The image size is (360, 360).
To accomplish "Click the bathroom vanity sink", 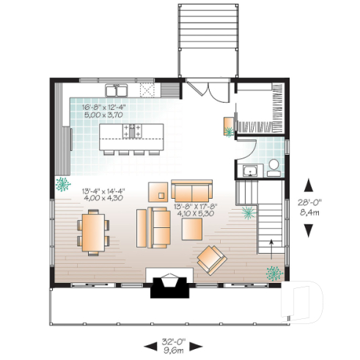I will [x=249, y=172].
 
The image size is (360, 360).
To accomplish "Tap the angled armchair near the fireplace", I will [x=212, y=257].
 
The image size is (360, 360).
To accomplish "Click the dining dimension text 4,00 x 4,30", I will [x=103, y=198].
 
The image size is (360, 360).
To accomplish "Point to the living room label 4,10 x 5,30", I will [x=194, y=215].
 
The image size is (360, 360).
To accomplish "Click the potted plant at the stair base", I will [x=275, y=274].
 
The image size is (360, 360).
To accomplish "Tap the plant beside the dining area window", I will [x=62, y=183].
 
